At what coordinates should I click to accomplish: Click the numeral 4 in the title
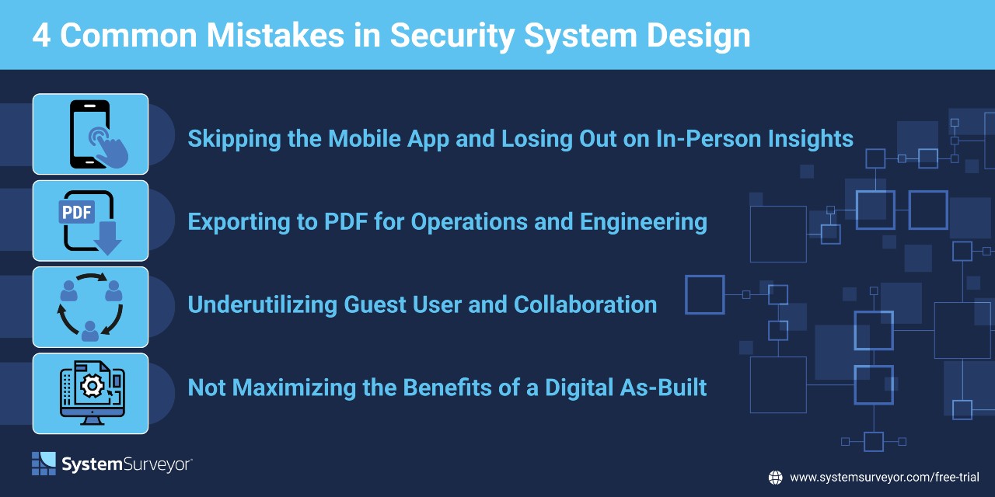42,36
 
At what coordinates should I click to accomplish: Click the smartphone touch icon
91,134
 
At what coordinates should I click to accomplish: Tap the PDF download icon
91,221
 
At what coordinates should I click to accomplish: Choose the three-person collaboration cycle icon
91,307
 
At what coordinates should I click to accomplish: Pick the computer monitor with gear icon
91,394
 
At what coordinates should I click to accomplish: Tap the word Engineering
644,222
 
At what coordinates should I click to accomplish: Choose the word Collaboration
585,304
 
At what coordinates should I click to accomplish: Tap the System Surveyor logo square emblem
44,464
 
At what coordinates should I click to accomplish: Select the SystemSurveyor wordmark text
127,464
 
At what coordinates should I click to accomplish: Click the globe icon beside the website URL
775,478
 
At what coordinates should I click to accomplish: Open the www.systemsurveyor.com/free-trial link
884,478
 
